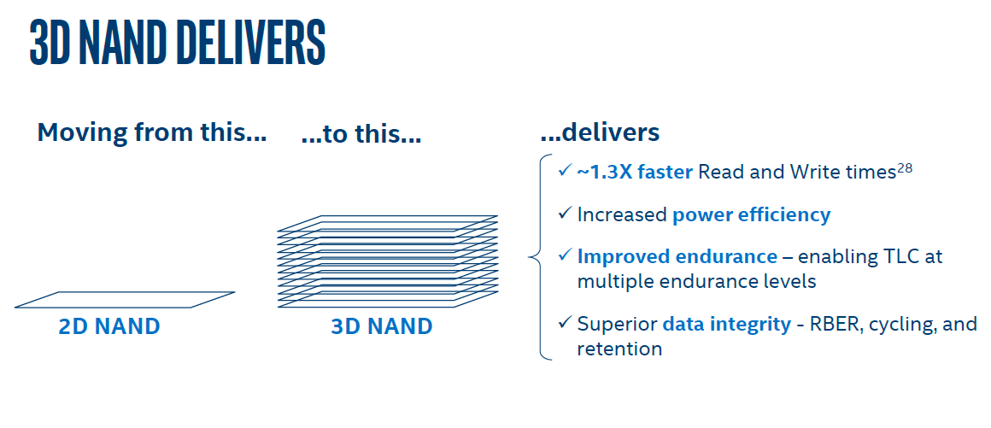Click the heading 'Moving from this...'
(152, 132)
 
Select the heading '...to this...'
(361, 135)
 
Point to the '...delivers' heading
(600, 132)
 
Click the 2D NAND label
(109, 326)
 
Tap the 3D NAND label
(382, 326)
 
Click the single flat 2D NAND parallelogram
(125, 300)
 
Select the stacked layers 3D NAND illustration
(388, 261)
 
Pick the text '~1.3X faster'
(635, 173)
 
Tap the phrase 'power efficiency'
(752, 215)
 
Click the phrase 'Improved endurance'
(677, 256)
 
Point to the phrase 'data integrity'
(727, 325)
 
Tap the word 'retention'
(619, 349)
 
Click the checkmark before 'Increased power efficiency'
(565, 214)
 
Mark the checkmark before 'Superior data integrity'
(565, 323)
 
